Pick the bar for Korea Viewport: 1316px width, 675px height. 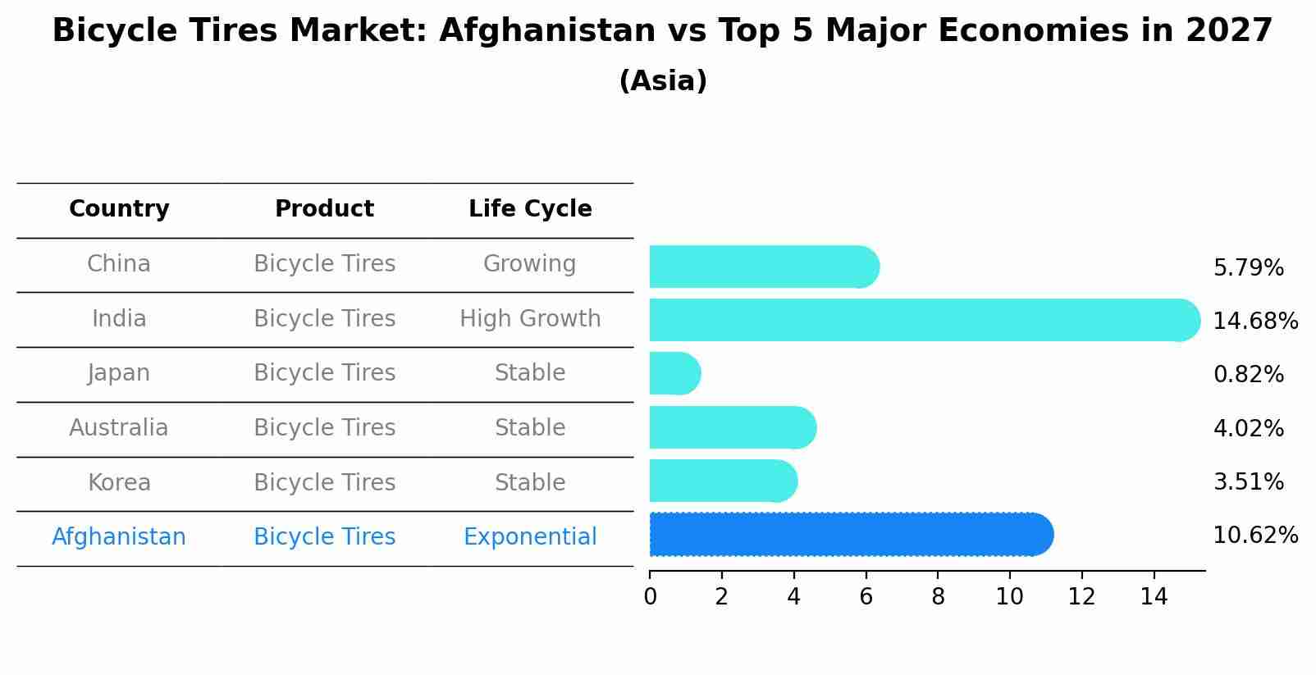[x=722, y=481]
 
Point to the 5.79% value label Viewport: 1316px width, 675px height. [x=1248, y=268]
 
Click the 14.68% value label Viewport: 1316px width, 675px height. [x=1254, y=321]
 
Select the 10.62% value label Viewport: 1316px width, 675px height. [x=1254, y=536]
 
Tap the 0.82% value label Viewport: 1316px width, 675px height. [x=1248, y=375]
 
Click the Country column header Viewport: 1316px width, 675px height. [x=119, y=209]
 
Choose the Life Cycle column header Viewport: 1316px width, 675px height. [x=530, y=209]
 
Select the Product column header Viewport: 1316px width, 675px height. [x=324, y=209]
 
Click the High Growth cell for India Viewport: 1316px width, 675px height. [x=530, y=318]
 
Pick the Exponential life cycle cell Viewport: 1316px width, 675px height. [x=530, y=537]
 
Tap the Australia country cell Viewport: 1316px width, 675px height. [x=119, y=428]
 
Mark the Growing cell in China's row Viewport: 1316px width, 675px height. [x=530, y=264]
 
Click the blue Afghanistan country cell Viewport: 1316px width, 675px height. [x=119, y=537]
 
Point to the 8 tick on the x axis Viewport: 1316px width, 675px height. [x=938, y=597]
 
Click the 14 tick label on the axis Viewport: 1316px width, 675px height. [x=1154, y=597]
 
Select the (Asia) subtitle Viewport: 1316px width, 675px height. [x=663, y=81]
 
